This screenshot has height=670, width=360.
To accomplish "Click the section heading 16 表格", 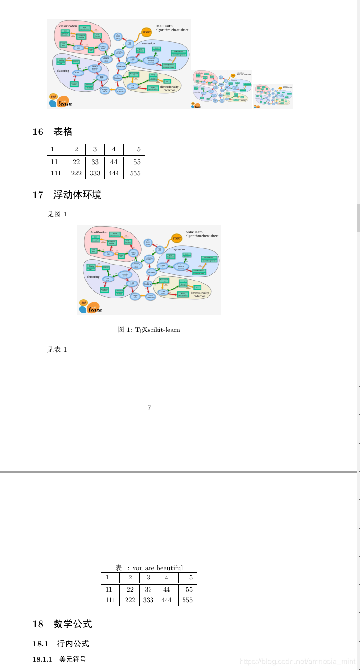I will [52, 132].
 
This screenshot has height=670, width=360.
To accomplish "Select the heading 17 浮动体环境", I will [67, 195].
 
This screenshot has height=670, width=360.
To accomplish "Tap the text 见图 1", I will [57, 214].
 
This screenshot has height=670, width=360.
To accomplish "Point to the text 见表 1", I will [57, 349].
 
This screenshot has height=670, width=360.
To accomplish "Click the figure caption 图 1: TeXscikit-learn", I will [149, 330].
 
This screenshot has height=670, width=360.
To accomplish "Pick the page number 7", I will [149, 408].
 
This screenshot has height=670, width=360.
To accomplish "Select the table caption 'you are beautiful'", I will [149, 568].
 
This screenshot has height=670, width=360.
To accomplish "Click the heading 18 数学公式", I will [62, 624].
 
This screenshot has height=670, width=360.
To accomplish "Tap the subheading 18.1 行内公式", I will [60, 644].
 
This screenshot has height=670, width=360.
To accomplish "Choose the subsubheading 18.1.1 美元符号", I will [59, 659].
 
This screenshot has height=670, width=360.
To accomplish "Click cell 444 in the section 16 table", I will [114, 173].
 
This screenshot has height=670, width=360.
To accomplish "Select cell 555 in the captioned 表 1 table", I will [187, 600].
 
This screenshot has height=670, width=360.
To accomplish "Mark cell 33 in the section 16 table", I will [95, 162].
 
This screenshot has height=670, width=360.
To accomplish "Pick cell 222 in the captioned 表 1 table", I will [130, 600].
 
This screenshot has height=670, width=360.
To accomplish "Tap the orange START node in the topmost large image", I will [146, 32].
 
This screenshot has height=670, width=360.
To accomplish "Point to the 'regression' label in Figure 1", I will [179, 249].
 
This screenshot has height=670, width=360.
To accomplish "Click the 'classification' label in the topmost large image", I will [68, 26].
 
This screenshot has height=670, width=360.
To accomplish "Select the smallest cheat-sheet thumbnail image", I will [273, 97].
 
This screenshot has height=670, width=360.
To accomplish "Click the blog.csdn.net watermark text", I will [297, 662].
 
